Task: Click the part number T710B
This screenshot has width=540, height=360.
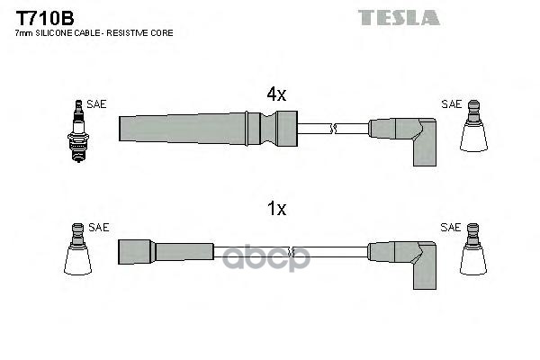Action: (x=45, y=18)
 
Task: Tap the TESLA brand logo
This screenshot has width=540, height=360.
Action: (x=399, y=17)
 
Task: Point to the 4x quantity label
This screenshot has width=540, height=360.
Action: (x=276, y=94)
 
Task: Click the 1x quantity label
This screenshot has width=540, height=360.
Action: (x=277, y=209)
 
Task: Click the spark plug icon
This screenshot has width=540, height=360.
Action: (x=78, y=131)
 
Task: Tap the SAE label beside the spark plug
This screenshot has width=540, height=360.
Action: (x=96, y=104)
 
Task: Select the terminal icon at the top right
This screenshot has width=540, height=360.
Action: (x=474, y=126)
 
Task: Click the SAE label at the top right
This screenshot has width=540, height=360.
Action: (x=452, y=104)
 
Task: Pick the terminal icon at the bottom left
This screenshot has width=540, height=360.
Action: (x=77, y=248)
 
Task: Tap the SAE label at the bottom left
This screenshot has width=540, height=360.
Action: (x=98, y=228)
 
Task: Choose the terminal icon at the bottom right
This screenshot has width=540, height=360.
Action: (x=473, y=248)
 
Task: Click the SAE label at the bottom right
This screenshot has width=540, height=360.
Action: (x=451, y=228)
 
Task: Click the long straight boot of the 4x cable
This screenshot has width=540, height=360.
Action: (x=208, y=129)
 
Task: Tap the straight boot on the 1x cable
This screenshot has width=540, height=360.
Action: (x=166, y=252)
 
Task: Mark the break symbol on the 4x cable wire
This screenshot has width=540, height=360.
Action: (x=333, y=129)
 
